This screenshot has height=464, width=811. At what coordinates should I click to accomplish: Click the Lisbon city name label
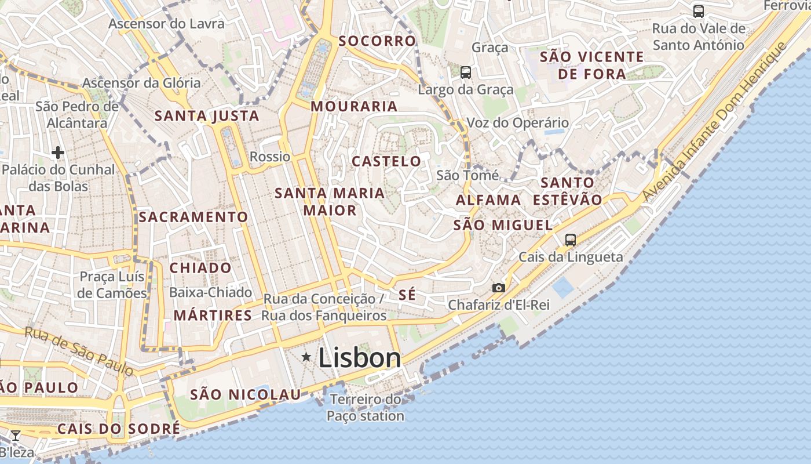pos(359,358)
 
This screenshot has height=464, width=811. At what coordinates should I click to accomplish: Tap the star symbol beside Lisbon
pos(306,357)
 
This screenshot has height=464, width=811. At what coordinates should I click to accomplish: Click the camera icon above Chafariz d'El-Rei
pos(498,288)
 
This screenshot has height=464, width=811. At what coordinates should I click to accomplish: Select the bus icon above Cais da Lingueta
pos(571,240)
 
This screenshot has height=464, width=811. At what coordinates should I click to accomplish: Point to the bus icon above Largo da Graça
pos(466,72)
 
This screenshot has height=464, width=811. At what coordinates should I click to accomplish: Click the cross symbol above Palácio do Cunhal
pos(57,153)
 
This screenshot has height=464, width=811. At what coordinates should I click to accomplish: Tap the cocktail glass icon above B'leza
pos(16,436)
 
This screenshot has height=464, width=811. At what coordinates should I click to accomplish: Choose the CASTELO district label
pos(386,161)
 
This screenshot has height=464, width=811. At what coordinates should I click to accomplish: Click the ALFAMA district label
pos(488,200)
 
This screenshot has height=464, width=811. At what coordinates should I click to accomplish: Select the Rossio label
pos(270,157)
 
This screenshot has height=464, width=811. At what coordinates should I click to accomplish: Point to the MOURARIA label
pos(354,107)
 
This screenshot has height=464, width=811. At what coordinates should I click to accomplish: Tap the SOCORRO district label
pos(377,41)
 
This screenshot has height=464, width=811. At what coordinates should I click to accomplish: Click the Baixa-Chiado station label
pos(210,292)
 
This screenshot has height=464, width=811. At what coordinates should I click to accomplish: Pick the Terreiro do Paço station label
pos(366,408)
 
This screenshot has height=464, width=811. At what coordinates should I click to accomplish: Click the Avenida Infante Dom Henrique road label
pos(725,116)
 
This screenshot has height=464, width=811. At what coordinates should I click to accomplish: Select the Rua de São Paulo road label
pos(79,350)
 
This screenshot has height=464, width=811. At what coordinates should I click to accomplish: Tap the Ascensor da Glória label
pos(141,83)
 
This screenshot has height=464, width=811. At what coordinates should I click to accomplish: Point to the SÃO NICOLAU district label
pos(246,395)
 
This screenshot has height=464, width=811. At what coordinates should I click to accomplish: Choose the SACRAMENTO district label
pos(193,217)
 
